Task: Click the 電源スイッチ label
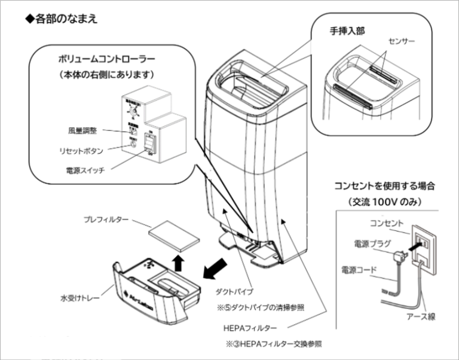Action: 85,170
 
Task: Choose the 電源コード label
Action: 359,270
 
